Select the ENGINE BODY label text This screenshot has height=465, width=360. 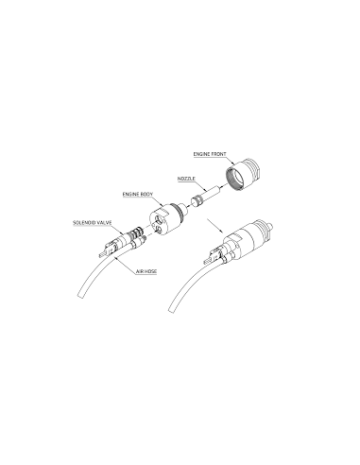click(x=139, y=194)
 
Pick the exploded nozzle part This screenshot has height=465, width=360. click(x=203, y=200)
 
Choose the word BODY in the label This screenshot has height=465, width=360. click(x=147, y=194)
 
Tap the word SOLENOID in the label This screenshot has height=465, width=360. click(x=85, y=222)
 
